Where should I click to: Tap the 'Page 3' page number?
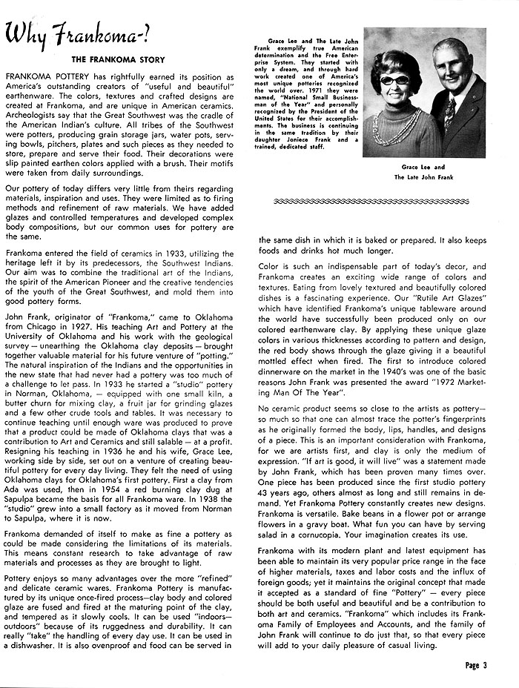click(477, 665)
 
